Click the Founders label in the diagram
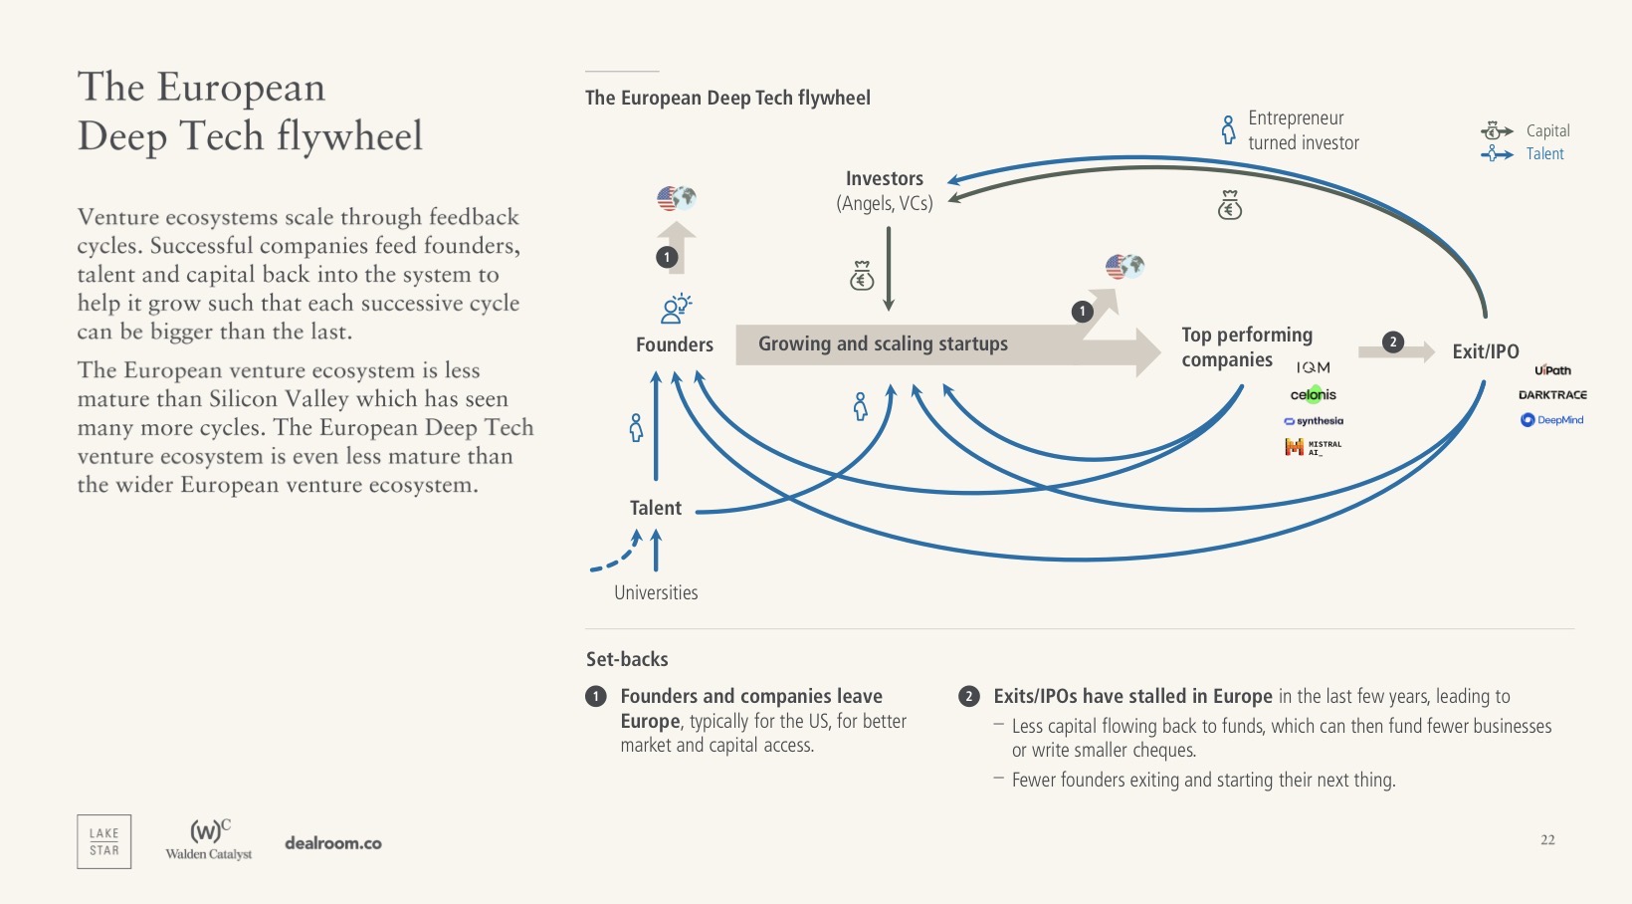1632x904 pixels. (675, 344)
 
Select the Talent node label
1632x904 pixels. (656, 508)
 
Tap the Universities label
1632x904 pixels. (656, 592)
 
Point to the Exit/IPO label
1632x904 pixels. (1485, 351)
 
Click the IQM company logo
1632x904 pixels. (1313, 367)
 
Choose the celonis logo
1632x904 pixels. (1313, 395)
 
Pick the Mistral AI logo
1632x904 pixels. (1313, 447)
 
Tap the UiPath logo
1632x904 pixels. (1552, 370)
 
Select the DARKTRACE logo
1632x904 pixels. (1552, 395)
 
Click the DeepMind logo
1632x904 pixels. (1551, 420)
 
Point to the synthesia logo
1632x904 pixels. (1314, 421)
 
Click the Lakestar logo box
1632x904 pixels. (104, 841)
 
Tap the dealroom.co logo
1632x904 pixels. (333, 843)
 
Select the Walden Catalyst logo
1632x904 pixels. (209, 839)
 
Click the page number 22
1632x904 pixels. (1547, 839)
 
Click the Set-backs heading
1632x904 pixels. (627, 659)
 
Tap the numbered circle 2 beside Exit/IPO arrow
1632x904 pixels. (1393, 341)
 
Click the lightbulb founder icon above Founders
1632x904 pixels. (676, 309)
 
